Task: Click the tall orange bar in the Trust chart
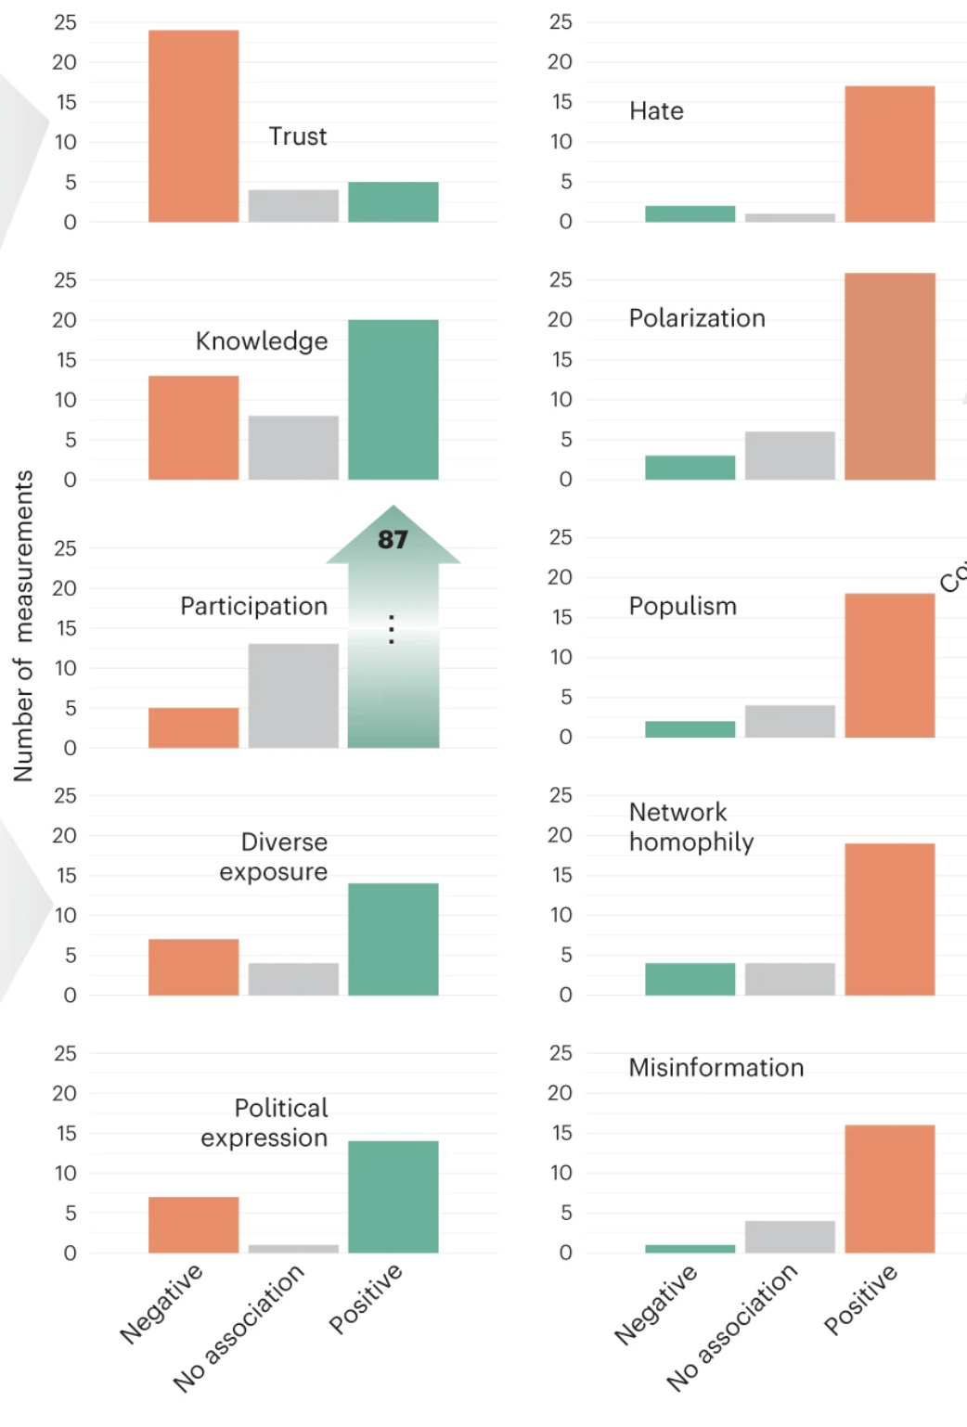[193, 126]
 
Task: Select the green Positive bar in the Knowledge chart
[393, 400]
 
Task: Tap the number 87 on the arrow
[393, 539]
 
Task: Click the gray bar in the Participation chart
[293, 696]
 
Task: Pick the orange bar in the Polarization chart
[889, 377]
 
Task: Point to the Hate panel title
[656, 111]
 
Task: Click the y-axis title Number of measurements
[23, 625]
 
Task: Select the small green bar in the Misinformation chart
[690, 1249]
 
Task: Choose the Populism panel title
[682, 607]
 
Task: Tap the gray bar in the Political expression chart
[293, 1249]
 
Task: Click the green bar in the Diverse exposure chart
[393, 939]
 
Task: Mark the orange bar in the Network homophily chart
[889, 919]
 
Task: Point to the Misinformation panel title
[716, 1068]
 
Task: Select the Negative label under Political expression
[161, 1303]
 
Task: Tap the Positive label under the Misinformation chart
[860, 1299]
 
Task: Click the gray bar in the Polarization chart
[790, 456]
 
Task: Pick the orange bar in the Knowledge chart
[193, 428]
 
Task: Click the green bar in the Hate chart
[690, 214]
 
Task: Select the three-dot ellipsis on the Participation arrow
[392, 629]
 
